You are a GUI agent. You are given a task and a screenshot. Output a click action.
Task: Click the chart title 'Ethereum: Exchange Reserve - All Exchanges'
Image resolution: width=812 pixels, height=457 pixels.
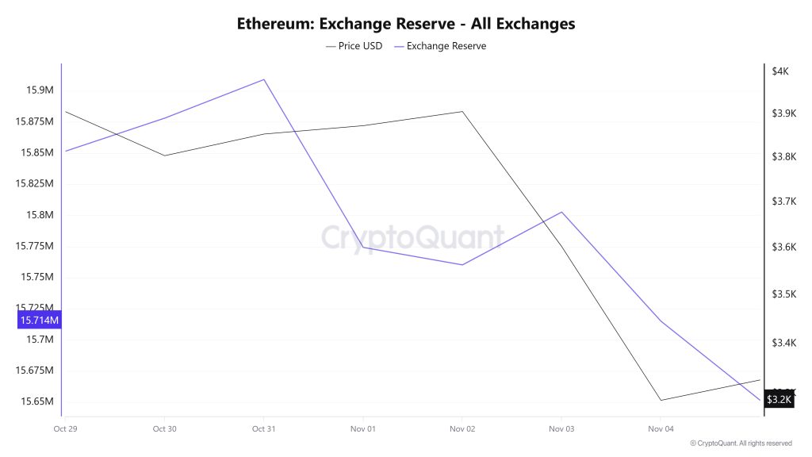[406, 24]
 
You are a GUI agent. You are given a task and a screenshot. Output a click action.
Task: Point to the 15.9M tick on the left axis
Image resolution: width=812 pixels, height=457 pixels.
[39, 90]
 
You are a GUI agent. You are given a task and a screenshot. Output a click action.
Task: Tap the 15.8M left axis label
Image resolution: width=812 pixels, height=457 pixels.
[39, 215]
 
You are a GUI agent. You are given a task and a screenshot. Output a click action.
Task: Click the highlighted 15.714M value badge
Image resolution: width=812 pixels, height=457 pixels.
[39, 321]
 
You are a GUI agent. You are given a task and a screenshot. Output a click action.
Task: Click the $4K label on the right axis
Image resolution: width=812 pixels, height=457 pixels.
[780, 71]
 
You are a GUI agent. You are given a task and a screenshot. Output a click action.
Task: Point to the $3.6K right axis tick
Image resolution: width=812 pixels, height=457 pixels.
[783, 248]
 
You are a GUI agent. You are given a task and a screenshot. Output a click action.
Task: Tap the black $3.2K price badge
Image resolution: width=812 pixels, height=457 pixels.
[779, 399]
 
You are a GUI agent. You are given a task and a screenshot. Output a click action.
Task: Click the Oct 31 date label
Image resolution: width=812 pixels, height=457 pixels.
[263, 429]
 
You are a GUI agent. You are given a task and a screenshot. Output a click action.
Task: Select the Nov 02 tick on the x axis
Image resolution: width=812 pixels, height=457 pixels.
[462, 429]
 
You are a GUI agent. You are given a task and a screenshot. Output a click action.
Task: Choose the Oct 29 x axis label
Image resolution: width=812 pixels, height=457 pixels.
[65, 429]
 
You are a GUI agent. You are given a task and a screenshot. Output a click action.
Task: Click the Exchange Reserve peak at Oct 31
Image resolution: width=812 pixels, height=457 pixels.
[264, 79]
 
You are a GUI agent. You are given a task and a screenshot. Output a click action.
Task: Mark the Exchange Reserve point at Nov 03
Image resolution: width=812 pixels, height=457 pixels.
[561, 212]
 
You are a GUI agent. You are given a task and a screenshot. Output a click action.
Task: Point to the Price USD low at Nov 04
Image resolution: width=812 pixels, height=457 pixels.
[661, 400]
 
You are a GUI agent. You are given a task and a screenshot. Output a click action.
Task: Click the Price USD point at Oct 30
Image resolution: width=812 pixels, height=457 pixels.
[164, 156]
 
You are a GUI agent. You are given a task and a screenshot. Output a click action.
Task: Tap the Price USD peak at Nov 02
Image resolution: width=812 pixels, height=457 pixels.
[462, 111]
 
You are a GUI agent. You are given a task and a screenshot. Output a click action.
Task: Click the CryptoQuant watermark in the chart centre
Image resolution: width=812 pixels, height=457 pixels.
[412, 237]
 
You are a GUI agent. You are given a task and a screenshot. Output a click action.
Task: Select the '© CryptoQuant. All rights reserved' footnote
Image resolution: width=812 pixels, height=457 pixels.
[741, 444]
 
